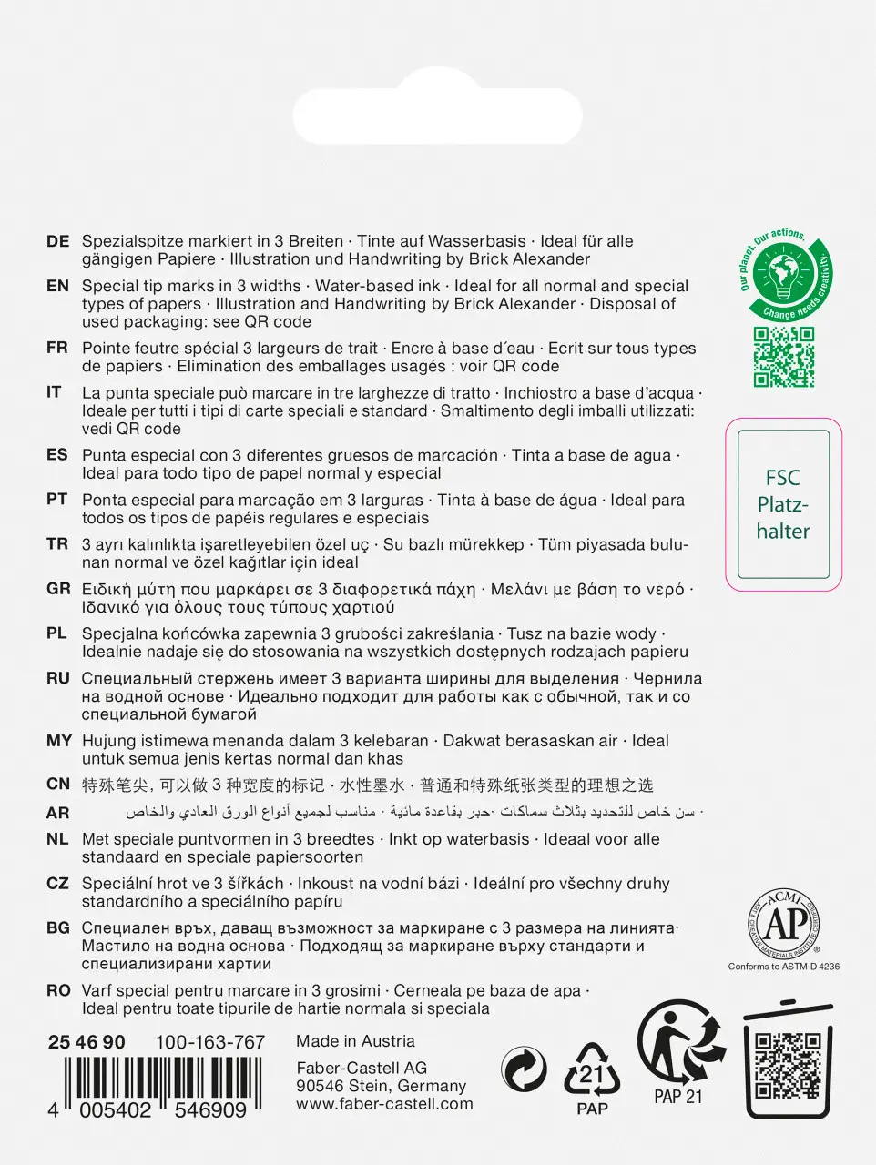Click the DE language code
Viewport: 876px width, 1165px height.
point(57,242)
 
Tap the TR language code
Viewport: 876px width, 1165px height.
point(57,544)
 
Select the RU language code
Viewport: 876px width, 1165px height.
point(57,679)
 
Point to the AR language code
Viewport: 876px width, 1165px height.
point(57,813)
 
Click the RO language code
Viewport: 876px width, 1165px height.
point(57,991)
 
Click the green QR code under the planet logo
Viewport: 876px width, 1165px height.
point(783,358)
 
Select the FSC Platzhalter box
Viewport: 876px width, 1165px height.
point(783,504)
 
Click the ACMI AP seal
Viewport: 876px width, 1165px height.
point(783,923)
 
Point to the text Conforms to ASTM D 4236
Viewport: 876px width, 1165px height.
point(783,967)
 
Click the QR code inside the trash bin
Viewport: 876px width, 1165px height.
point(787,1064)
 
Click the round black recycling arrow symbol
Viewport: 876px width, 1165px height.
point(525,1069)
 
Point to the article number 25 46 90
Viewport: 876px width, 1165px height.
point(87,1043)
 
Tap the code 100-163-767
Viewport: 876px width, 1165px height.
point(209,1043)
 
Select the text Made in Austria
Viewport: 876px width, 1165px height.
point(355,1041)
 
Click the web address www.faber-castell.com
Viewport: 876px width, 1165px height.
point(384,1104)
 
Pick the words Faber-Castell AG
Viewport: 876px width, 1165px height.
point(362,1069)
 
